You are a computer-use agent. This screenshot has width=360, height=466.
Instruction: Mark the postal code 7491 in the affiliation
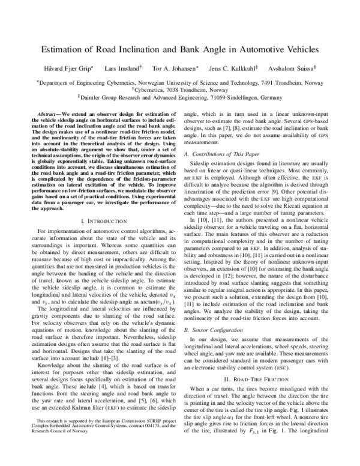pos(269,95)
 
